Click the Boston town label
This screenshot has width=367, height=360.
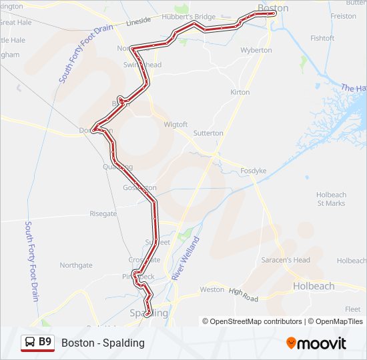pyautogui.click(x=273, y=8)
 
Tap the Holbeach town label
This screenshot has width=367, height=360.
pyautogui.click(x=313, y=286)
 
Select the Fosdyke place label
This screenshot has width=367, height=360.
pyautogui.click(x=254, y=171)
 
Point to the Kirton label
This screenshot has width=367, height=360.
pyautogui.click(x=240, y=92)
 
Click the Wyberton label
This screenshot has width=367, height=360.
pyautogui.click(x=256, y=50)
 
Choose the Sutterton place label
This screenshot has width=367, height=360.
pyautogui.click(x=208, y=133)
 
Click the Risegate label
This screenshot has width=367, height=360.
pyautogui.click(x=103, y=214)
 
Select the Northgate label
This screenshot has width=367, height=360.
pyautogui.click(x=76, y=265)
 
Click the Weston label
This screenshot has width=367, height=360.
pyautogui.click(x=212, y=290)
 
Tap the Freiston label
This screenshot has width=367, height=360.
pyautogui.click(x=344, y=16)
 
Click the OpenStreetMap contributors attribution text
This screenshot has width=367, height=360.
pyautogui.click(x=252, y=321)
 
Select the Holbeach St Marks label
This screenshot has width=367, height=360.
pyautogui.click(x=331, y=199)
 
